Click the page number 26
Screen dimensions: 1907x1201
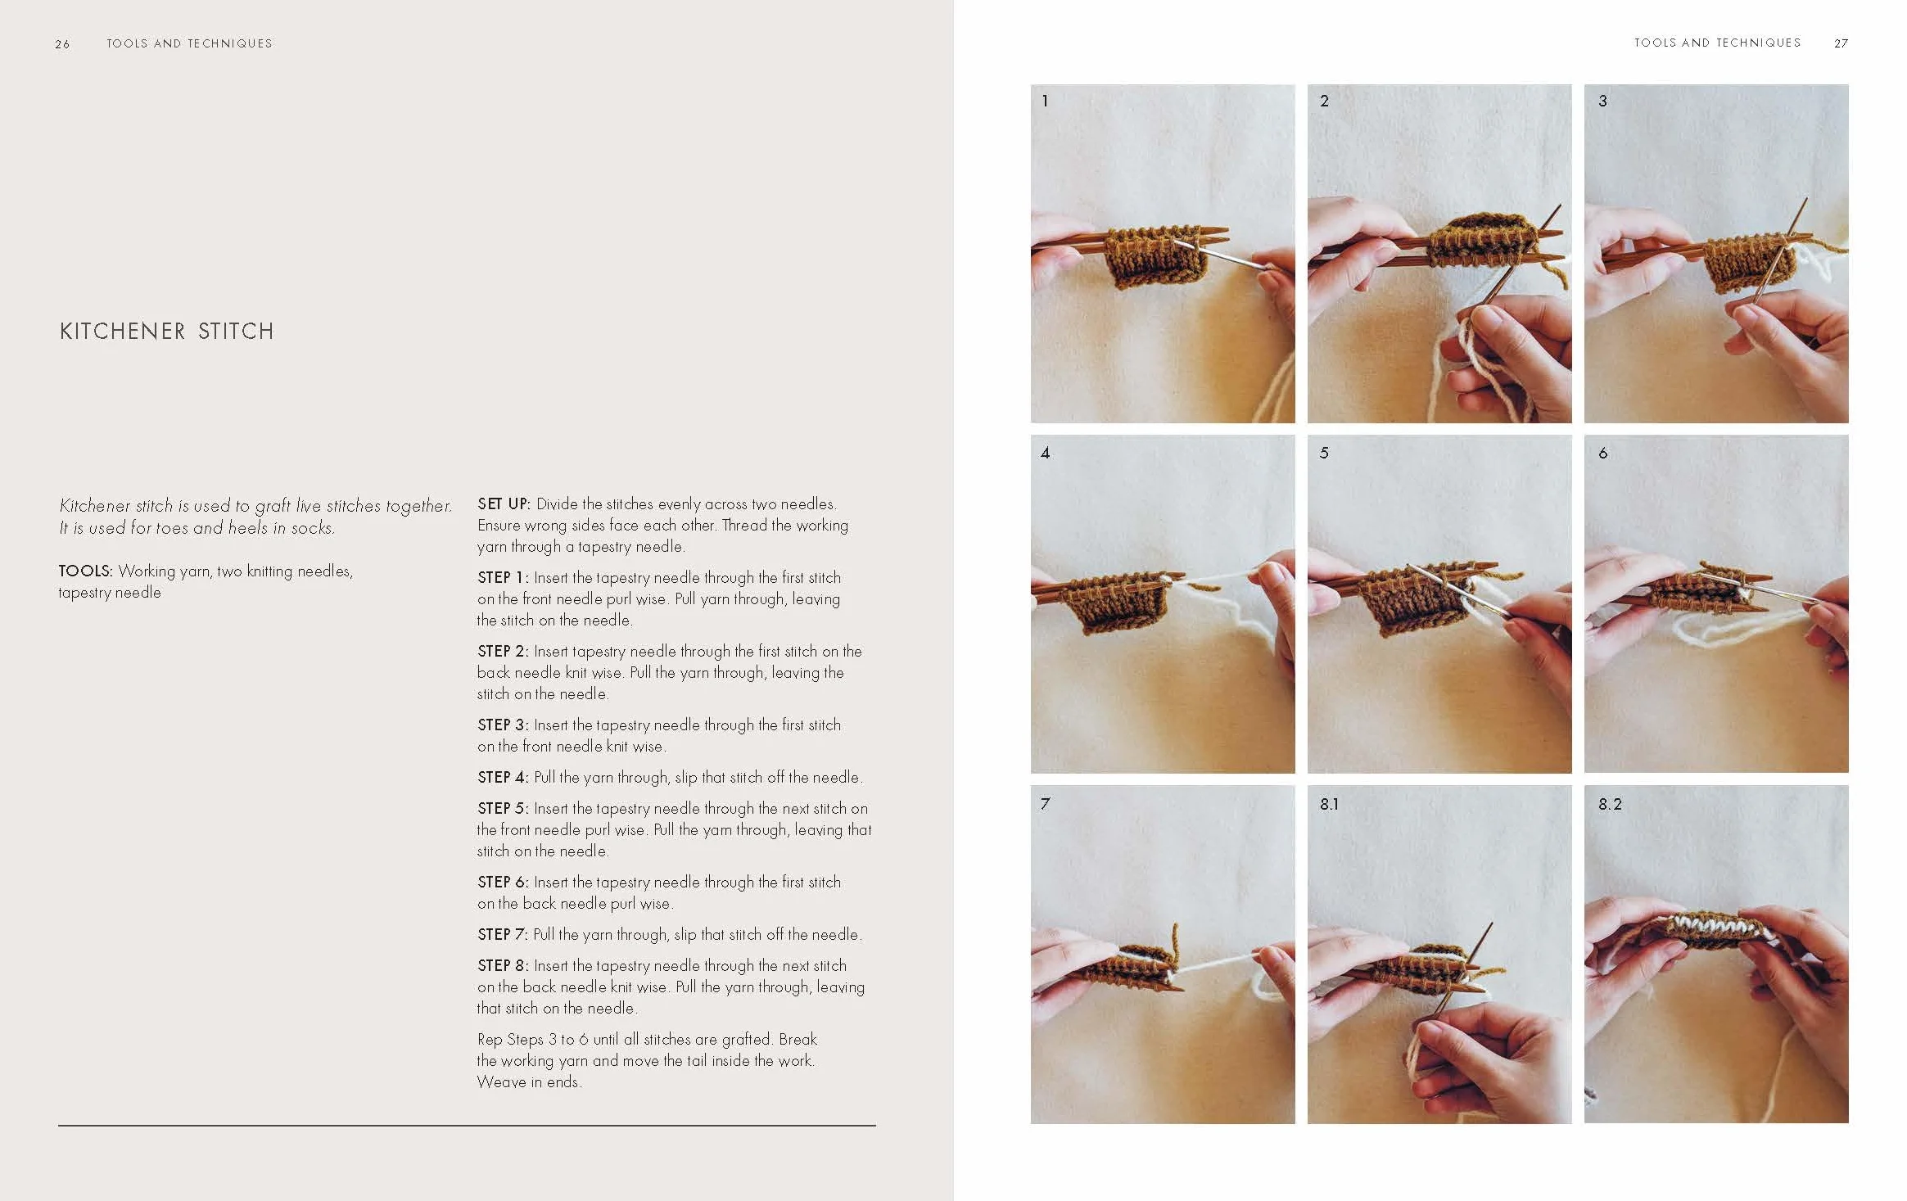click(62, 44)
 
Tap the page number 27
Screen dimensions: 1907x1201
click(1841, 43)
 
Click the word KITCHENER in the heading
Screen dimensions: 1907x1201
click(123, 331)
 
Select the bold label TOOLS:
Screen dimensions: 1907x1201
click(85, 571)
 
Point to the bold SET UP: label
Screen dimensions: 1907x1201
click(504, 503)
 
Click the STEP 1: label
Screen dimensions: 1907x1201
click(503, 577)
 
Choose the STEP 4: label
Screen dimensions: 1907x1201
click(503, 777)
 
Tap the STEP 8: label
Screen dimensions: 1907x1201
click(503, 965)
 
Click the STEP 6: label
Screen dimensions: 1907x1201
click(503, 882)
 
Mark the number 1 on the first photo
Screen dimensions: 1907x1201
click(1045, 101)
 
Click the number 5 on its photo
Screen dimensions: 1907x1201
click(1324, 453)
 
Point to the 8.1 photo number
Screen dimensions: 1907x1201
click(1329, 804)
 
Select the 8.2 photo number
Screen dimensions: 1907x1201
click(1609, 804)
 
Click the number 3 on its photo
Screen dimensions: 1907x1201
click(1602, 101)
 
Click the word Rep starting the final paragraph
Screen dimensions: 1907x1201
click(490, 1040)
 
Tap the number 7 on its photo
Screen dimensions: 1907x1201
click(1045, 804)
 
